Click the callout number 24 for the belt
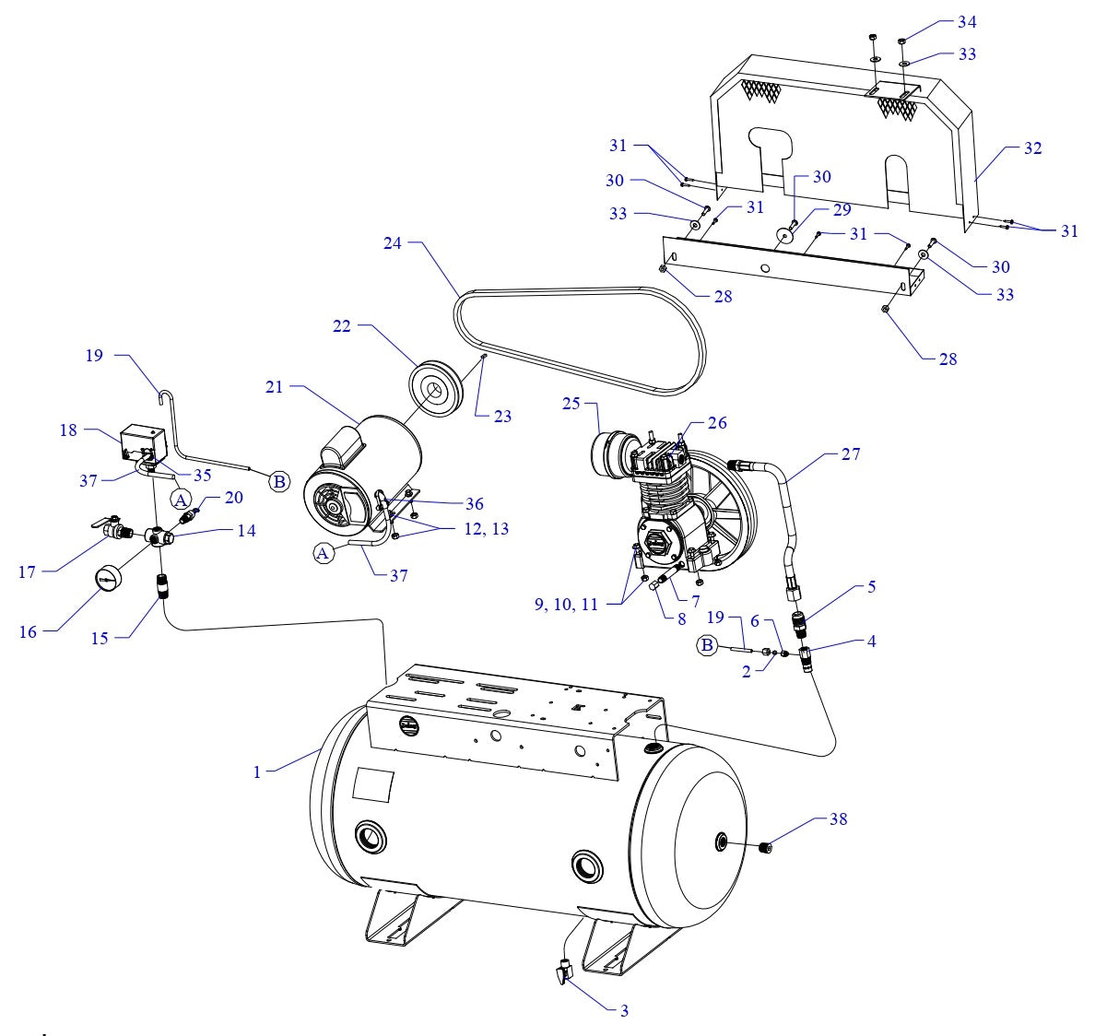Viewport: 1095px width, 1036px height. pos(394,244)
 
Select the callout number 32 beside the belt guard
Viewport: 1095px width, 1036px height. pos(1032,148)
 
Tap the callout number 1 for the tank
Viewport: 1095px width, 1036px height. pos(258,772)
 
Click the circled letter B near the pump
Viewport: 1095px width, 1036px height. pos(707,645)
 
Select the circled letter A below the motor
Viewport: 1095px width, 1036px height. pos(323,553)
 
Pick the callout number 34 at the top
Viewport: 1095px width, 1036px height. pos(940,21)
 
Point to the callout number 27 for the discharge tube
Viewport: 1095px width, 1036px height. pos(849,454)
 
